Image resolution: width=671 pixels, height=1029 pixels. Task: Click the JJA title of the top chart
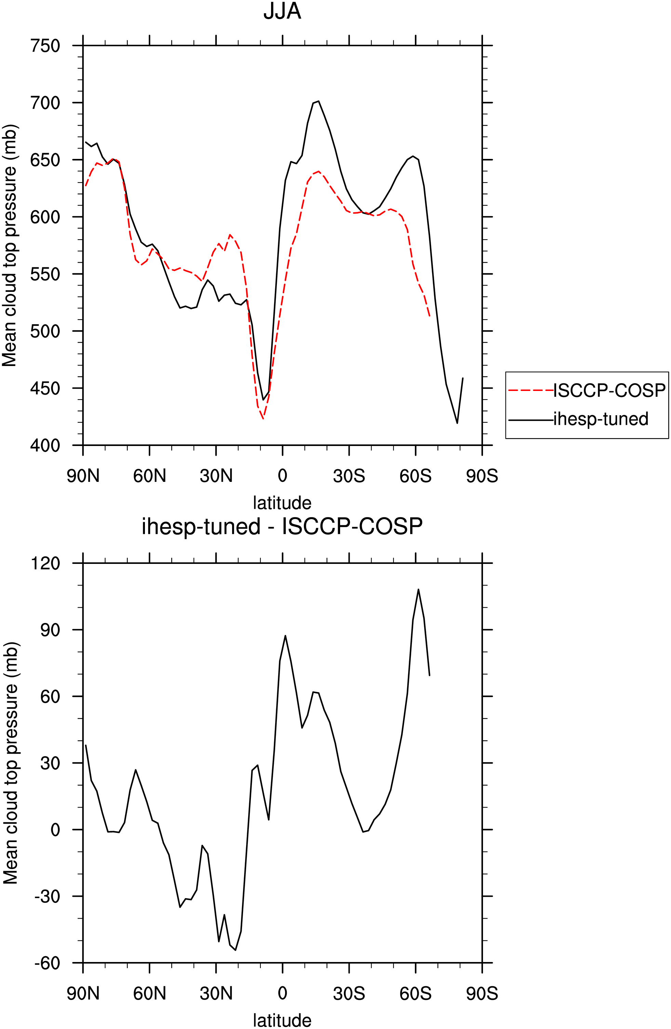tap(282, 12)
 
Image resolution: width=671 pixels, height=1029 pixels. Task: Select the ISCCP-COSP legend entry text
tap(609, 390)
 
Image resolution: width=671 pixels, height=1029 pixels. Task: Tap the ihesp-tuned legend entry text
tap(601, 419)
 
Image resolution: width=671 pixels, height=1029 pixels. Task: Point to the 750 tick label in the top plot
tap(45, 45)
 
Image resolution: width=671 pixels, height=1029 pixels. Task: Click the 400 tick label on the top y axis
tap(45, 445)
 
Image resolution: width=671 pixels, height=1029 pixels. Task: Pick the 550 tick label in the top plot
tap(45, 274)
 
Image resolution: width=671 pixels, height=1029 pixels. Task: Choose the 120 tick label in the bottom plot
tap(45, 563)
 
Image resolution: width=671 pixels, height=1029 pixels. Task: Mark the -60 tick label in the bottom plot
tap(47, 963)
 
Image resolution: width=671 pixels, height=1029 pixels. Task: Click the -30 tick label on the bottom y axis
tap(47, 897)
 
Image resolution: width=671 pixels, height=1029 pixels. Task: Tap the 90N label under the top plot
tap(83, 476)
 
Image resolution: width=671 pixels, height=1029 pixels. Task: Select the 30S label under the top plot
tap(349, 476)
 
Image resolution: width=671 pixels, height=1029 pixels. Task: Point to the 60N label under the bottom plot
tap(150, 993)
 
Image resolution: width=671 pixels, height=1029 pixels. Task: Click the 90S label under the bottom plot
tap(482, 993)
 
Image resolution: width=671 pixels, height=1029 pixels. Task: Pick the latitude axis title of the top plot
tap(282, 503)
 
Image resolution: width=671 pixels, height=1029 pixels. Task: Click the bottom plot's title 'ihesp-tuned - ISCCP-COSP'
tap(282, 526)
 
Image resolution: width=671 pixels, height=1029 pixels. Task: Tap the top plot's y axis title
tap(10, 246)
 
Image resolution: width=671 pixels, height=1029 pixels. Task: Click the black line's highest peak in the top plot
tap(319, 101)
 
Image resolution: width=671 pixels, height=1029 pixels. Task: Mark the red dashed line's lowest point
tap(263, 419)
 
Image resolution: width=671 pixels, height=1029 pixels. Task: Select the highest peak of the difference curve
tap(418, 589)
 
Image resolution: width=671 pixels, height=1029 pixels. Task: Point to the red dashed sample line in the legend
tap(531, 390)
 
